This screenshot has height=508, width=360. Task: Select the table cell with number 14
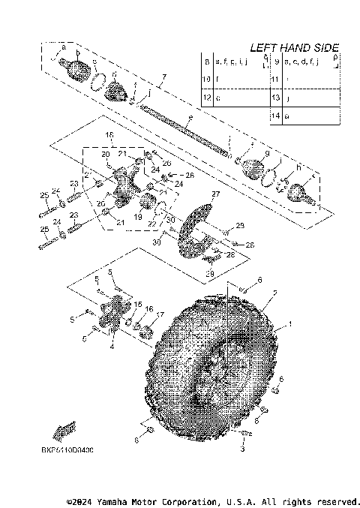click(x=277, y=116)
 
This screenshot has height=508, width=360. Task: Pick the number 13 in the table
click(x=277, y=98)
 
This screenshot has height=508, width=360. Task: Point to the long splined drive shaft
click(x=183, y=132)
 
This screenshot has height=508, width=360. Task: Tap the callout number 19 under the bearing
click(x=137, y=216)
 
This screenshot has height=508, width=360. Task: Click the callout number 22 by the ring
click(x=153, y=224)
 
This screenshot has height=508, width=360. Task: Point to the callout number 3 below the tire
click(x=242, y=449)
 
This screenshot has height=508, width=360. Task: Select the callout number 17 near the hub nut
click(x=159, y=314)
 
